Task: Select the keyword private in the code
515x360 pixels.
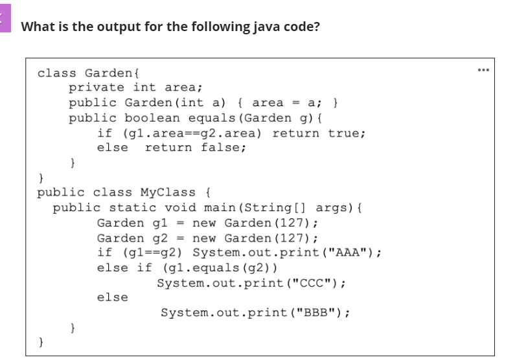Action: click(97, 87)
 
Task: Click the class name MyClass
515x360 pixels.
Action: click(167, 192)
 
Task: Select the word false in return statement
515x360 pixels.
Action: click(223, 148)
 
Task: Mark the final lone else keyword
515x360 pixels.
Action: click(112, 297)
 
